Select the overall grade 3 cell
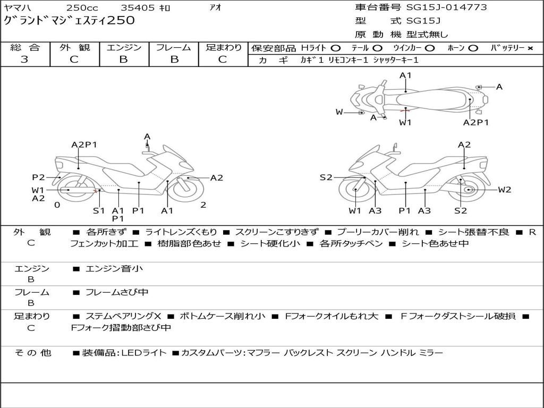[24, 59]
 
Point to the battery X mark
[530, 48]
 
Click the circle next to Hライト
[336, 48]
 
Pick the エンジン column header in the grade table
[124, 48]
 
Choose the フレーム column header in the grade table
[174, 48]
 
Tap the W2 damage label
[504, 190]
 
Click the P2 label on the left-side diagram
[38, 177]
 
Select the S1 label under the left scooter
[99, 210]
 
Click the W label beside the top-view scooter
[339, 112]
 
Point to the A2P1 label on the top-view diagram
[475, 122]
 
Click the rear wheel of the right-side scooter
[467, 190]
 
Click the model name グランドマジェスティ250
[69, 21]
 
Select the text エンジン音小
[114, 269]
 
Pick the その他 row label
[32, 353]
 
